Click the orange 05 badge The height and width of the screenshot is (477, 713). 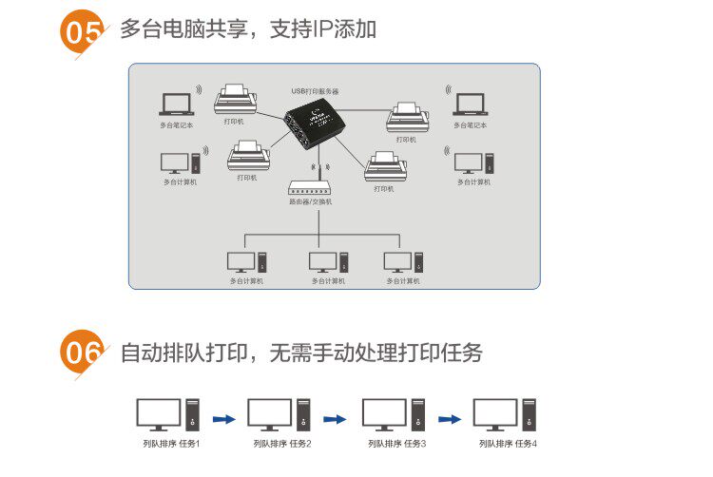(82, 32)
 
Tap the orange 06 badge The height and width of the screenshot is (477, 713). (82, 353)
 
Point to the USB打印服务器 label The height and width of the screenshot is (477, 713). (316, 91)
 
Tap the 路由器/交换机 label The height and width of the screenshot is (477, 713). (310, 202)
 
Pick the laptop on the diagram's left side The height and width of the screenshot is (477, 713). (176, 104)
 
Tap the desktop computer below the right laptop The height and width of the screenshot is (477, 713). (472, 162)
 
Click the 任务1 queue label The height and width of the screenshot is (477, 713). (186, 444)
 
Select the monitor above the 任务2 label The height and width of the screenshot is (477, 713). (269, 413)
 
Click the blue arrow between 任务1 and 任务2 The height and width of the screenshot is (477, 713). (223, 417)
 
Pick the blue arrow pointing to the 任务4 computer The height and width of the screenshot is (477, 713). (450, 417)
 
